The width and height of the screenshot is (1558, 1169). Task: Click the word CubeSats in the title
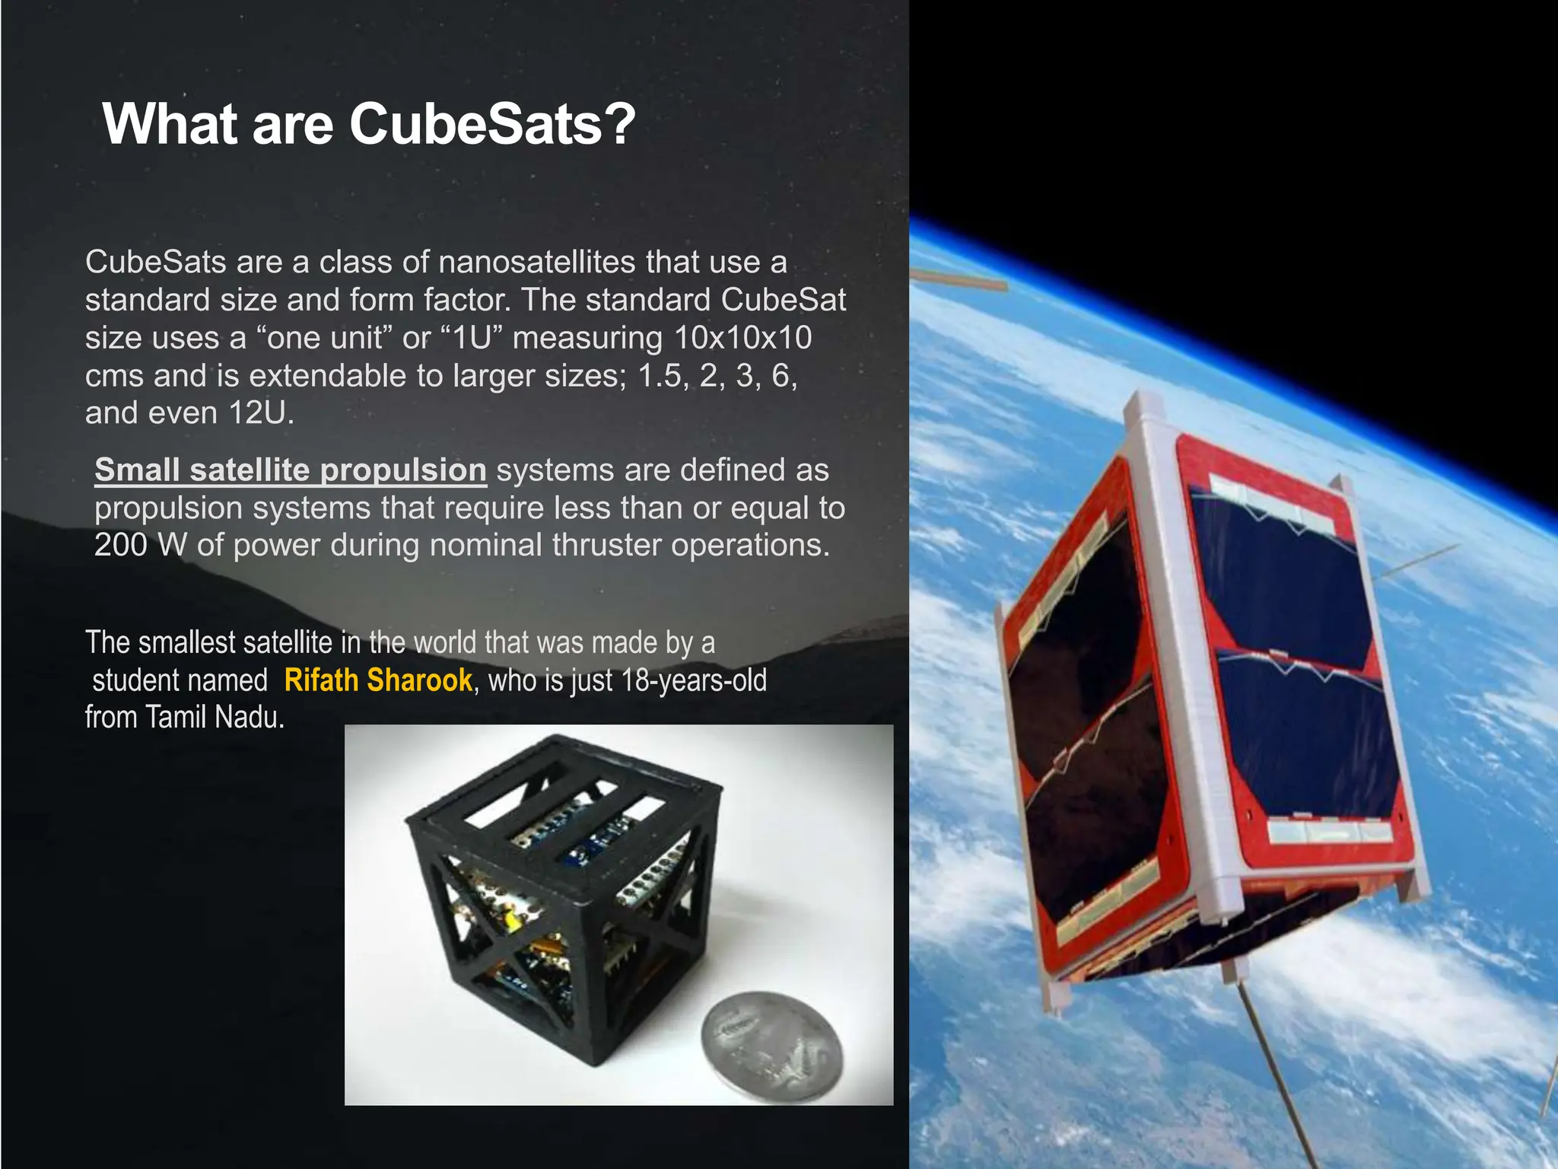coord(476,124)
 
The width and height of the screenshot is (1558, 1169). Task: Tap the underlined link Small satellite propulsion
coord(290,470)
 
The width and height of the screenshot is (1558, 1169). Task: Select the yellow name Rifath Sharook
coord(378,680)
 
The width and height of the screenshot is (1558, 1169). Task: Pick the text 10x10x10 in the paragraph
coord(743,338)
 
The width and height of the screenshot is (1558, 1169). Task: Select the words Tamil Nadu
coord(214,717)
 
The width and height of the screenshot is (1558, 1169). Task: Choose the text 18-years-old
coord(693,680)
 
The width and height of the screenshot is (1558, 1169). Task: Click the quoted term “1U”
coord(470,338)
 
